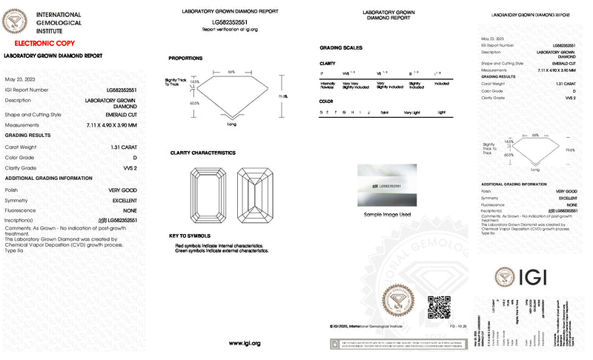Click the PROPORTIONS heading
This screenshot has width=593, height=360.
click(185, 58)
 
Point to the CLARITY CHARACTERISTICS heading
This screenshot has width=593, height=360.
click(202, 153)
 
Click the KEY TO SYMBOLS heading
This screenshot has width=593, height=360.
click(190, 235)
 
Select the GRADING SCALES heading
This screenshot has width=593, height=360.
click(340, 47)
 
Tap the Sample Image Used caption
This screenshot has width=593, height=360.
click(387, 215)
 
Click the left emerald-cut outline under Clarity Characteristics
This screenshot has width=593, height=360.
click(208, 195)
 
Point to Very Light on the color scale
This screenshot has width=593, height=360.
click(411, 112)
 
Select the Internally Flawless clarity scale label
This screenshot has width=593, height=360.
click(327, 84)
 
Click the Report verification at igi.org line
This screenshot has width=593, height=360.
click(230, 29)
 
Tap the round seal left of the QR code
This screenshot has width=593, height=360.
click(401, 304)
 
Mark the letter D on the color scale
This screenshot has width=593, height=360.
click(321, 112)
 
